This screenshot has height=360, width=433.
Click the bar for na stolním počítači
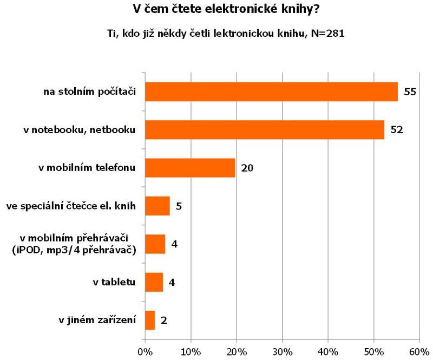pos(271,92)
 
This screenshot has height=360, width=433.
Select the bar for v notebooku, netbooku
pos(264,130)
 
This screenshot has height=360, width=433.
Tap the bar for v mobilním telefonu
pos(190,168)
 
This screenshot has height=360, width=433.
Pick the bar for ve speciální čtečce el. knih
pos(158,206)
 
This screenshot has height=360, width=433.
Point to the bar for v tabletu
pos(154,282)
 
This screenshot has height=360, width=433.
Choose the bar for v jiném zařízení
pos(150,320)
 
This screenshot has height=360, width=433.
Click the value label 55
pos(410,92)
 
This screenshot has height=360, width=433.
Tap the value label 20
pos(247,168)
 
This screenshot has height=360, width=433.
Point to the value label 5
pos(179,206)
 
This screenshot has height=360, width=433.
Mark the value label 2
pos(163,320)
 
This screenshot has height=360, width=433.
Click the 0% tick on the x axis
pos(145,351)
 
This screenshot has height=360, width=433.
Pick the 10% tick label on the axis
pos(191,351)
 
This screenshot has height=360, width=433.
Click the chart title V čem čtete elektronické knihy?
pos(216,9)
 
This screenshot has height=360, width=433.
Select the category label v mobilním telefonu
pos(86,168)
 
